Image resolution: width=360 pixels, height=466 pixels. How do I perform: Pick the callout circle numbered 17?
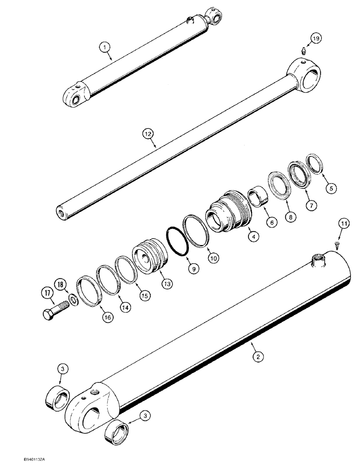coord(48,294)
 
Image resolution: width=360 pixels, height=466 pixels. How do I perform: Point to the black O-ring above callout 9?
coord(177,241)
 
